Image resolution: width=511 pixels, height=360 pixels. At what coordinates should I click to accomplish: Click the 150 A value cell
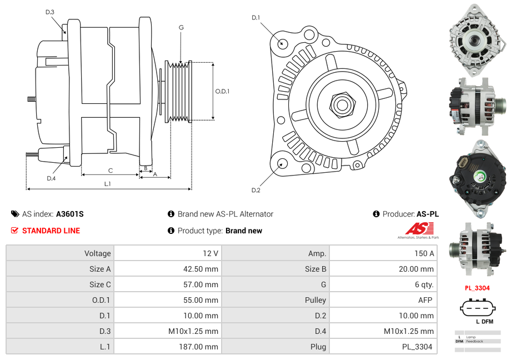pyautogui.click(x=424, y=253)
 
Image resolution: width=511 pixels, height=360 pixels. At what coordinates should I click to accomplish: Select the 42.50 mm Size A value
pyautogui.click(x=201, y=269)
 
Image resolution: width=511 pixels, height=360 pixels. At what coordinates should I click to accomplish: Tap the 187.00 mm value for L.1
pyautogui.click(x=198, y=347)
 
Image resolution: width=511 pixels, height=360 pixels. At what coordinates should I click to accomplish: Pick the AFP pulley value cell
pyautogui.click(x=425, y=300)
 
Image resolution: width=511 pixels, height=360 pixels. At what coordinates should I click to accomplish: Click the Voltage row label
pyautogui.click(x=97, y=253)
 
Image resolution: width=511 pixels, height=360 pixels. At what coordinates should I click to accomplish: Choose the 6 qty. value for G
pyautogui.click(x=424, y=284)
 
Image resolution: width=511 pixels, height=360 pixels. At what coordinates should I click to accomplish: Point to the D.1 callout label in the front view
pyautogui.click(x=256, y=18)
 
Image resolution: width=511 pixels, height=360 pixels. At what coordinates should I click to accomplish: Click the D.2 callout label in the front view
pyautogui.click(x=256, y=190)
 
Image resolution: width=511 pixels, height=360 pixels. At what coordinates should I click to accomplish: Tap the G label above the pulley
pyautogui.click(x=181, y=27)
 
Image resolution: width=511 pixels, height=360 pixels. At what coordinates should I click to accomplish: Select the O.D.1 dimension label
pyautogui.click(x=222, y=91)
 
